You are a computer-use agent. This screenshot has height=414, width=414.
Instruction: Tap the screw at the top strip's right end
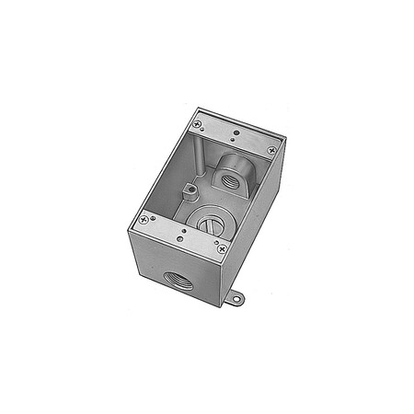coord(271,149)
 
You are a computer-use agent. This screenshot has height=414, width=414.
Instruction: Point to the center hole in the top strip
coord(236,133)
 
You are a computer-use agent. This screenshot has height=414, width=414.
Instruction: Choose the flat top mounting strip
coord(236,134)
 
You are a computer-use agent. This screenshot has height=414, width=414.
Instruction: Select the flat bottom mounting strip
coord(181,234)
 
